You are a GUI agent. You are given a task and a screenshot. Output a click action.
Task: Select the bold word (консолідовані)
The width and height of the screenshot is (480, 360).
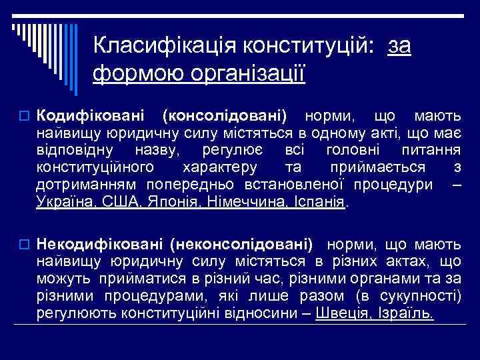point(224,116)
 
